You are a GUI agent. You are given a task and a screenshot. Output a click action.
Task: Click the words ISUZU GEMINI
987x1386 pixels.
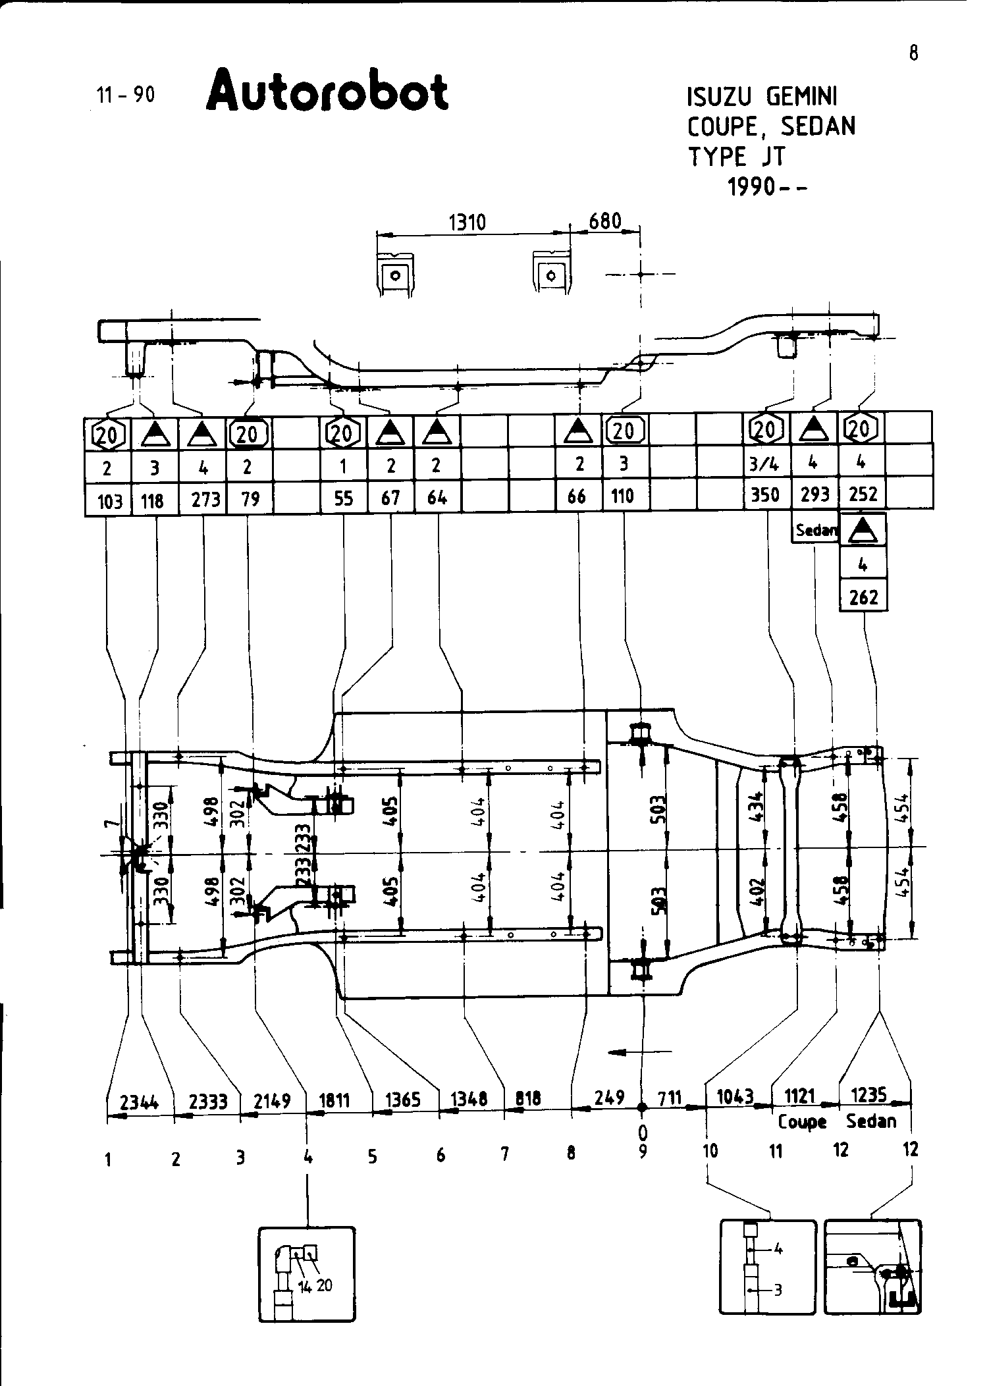point(761,97)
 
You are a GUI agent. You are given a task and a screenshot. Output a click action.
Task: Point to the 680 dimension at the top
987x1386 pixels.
point(604,221)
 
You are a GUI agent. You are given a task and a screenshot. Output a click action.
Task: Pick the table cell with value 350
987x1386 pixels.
point(765,494)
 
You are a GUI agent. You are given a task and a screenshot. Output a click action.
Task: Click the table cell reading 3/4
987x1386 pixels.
point(765,464)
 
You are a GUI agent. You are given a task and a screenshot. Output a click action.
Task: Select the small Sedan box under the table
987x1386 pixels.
point(815,529)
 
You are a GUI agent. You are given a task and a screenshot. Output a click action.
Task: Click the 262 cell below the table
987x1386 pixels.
point(863,597)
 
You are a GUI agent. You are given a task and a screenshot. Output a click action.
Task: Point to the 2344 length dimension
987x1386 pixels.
point(140,1101)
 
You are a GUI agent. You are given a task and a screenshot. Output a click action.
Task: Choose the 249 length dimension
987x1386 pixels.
point(609,1098)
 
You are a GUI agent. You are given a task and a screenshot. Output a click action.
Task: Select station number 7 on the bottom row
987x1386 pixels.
point(505,1154)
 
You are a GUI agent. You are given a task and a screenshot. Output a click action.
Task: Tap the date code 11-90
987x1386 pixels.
point(126,95)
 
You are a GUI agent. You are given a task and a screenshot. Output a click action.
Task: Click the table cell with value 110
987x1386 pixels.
point(622,495)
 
